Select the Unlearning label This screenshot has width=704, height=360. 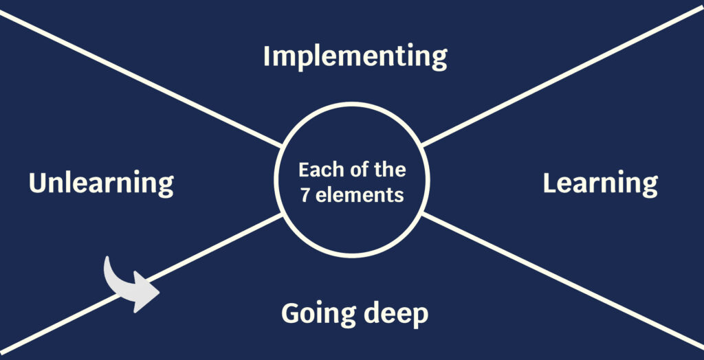coord(101,184)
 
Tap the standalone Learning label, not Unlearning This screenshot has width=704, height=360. coord(599,184)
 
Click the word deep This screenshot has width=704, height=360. coord(395,314)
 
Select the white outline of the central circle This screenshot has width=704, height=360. coord(352,104)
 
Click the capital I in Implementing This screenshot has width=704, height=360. coord(267,56)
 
